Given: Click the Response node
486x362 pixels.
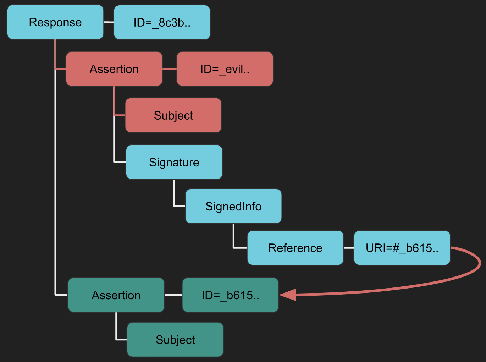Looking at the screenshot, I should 55,22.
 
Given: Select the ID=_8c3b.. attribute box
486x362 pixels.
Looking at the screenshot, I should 162,22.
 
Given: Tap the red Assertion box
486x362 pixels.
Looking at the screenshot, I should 114,69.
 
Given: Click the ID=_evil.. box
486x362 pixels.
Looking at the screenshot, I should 225,69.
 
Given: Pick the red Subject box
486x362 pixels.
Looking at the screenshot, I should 173,115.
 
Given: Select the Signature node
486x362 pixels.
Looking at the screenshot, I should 174,162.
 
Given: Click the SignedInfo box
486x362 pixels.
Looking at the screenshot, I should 233,206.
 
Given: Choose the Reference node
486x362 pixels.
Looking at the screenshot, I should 295,248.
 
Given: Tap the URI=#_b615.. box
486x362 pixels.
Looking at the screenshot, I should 402,248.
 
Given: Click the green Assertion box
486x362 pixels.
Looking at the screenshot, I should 116,295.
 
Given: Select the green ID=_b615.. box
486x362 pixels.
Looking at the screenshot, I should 230,295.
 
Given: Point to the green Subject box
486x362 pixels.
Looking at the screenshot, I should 175,340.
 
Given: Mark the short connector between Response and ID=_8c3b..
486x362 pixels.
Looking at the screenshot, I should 109,22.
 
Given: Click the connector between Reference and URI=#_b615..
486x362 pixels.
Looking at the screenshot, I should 349,248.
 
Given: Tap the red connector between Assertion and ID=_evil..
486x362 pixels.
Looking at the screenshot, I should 170,69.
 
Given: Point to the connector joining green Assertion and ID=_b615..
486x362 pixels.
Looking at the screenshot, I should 173,295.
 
